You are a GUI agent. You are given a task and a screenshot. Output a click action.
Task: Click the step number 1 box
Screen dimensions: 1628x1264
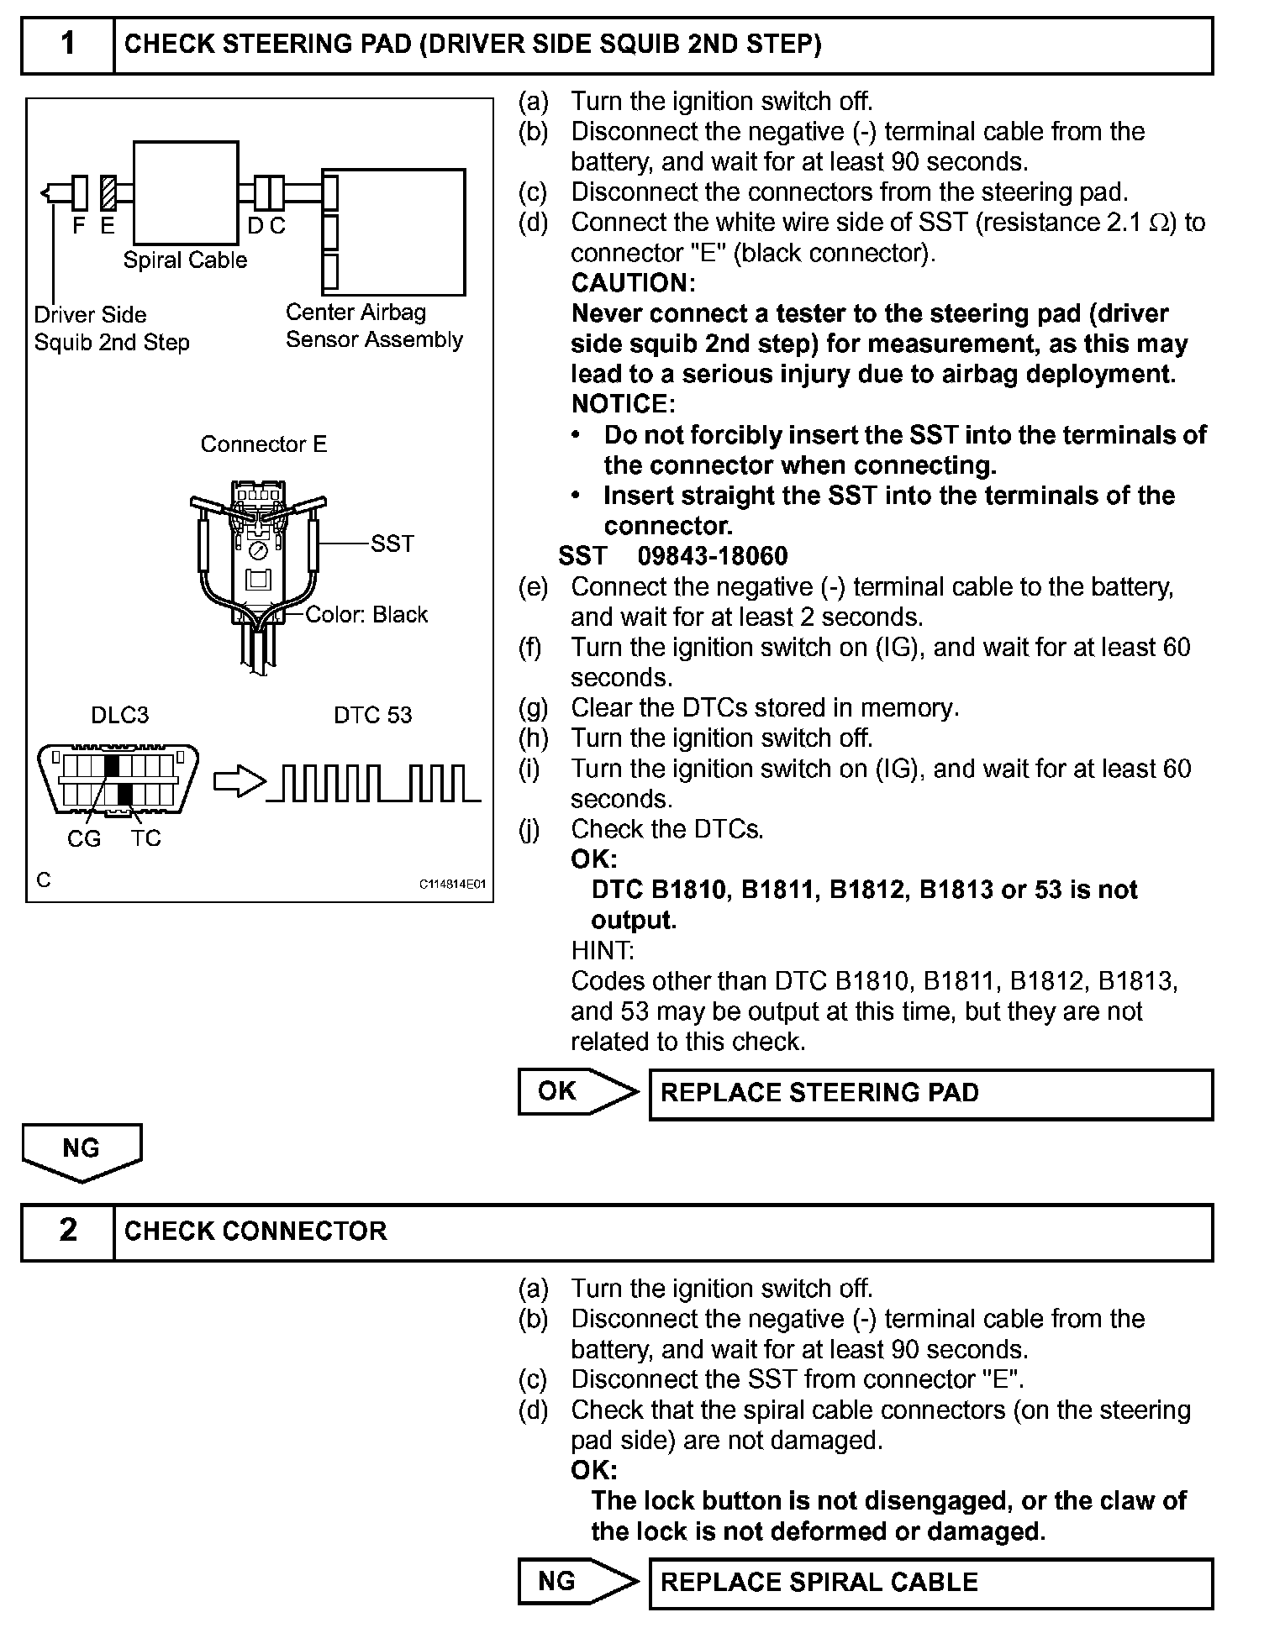pyautogui.click(x=67, y=45)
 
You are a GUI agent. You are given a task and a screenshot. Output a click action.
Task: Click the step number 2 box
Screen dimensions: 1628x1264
pyautogui.click(x=67, y=1231)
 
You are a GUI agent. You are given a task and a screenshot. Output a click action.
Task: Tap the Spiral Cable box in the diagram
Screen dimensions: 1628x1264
pyautogui.click(x=186, y=192)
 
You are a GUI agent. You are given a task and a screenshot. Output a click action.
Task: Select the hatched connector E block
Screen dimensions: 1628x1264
pyautogui.click(x=108, y=192)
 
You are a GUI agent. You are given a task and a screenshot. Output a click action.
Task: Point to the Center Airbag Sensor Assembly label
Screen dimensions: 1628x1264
pyautogui.click(x=374, y=326)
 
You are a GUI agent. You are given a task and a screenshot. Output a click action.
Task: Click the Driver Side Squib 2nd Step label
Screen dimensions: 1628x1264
pyautogui.click(x=111, y=328)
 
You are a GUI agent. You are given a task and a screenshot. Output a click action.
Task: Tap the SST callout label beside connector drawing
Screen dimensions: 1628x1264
pyautogui.click(x=392, y=544)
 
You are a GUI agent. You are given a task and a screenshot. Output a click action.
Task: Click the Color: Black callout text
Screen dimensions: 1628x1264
pyautogui.click(x=366, y=615)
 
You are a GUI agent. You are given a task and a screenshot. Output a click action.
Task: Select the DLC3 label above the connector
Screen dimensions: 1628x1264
pyautogui.click(x=119, y=715)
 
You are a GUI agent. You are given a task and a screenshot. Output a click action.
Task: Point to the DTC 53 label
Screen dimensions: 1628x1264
pyautogui.click(x=372, y=715)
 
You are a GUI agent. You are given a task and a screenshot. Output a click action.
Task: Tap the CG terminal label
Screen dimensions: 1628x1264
pyautogui.click(x=83, y=838)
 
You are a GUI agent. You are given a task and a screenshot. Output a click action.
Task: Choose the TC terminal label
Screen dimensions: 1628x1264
pyautogui.click(x=145, y=838)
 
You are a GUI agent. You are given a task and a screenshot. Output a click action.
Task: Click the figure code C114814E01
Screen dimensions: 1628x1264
pyautogui.click(x=452, y=885)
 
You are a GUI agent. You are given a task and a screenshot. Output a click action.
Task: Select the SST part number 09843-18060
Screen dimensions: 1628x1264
pyautogui.click(x=713, y=556)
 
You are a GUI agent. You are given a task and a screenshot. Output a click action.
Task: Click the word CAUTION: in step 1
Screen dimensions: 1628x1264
pyautogui.click(x=633, y=283)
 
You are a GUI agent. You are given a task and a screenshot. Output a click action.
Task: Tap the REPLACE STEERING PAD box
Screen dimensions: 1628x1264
pyautogui.click(x=930, y=1093)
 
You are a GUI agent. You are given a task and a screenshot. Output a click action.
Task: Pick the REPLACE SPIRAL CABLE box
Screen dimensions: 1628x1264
pyautogui.click(x=930, y=1583)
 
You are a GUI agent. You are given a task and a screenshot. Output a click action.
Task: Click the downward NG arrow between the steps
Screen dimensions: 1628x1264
pyautogui.click(x=82, y=1152)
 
